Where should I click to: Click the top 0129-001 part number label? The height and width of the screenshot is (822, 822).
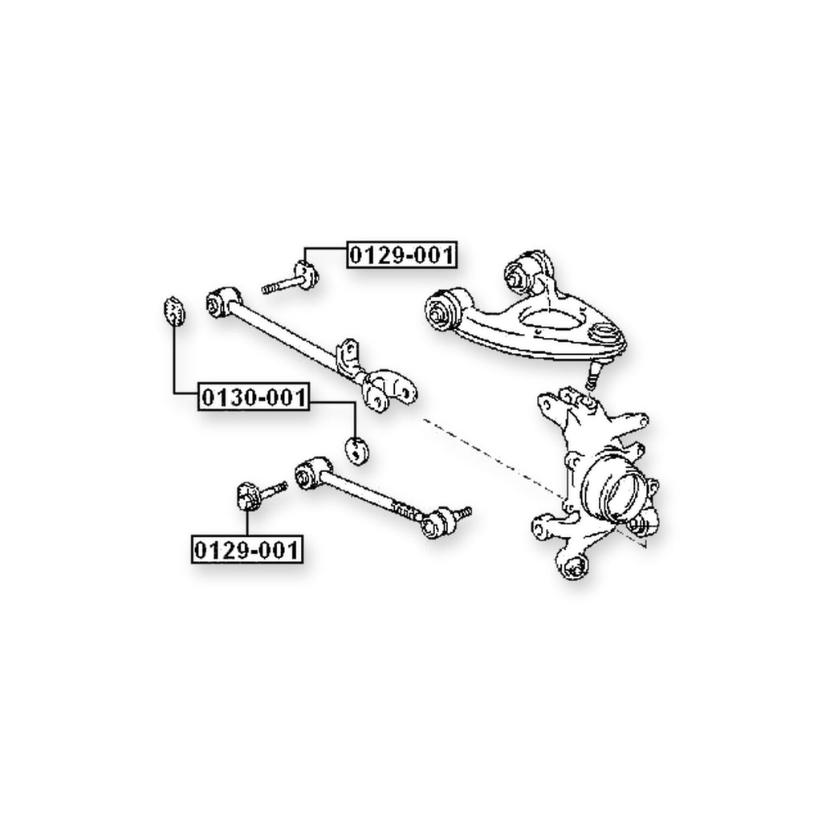tap(401, 255)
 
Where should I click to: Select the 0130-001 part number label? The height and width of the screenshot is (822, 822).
tap(254, 397)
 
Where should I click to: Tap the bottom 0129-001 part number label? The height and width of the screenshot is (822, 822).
tap(247, 550)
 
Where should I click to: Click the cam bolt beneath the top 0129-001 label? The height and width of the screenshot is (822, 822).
tap(291, 279)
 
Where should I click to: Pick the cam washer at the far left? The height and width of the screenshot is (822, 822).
tap(173, 311)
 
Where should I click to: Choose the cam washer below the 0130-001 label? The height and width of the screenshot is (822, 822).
tap(357, 451)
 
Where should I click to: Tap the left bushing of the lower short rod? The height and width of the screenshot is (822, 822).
tap(311, 473)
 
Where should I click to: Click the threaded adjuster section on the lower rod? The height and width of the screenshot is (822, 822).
tap(406, 510)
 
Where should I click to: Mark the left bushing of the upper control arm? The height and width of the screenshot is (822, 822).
tap(445, 310)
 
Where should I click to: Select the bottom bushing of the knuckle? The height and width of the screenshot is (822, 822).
tap(573, 565)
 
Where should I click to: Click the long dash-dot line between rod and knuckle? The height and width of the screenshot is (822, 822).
tap(534, 482)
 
